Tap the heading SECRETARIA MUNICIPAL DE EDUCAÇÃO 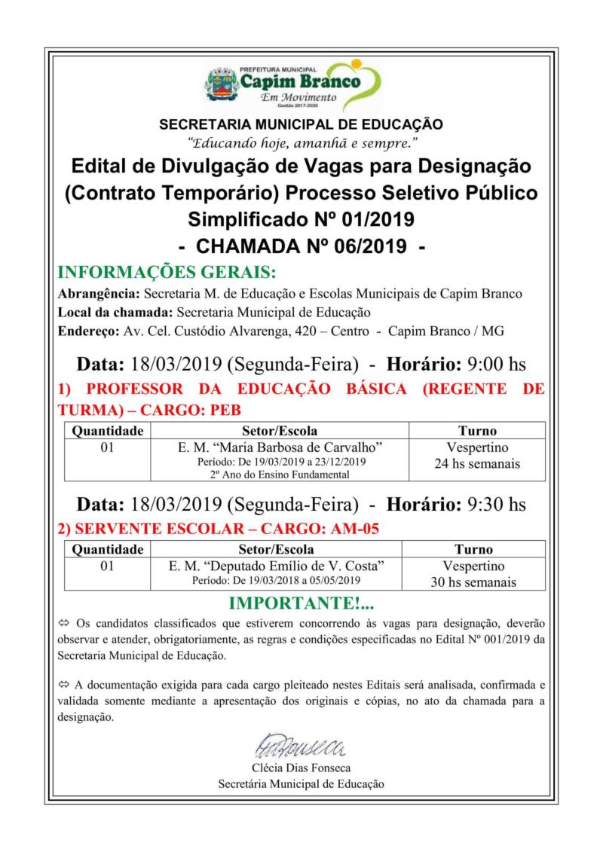coord(301,124)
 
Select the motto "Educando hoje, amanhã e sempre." coord(301,142)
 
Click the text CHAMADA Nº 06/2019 coord(301,246)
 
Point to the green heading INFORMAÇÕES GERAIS coord(167,272)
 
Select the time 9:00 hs coord(497,365)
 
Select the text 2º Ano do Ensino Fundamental coord(279,475)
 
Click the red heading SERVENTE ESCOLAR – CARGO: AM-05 coord(218,529)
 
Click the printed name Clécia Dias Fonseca coord(301,768)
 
